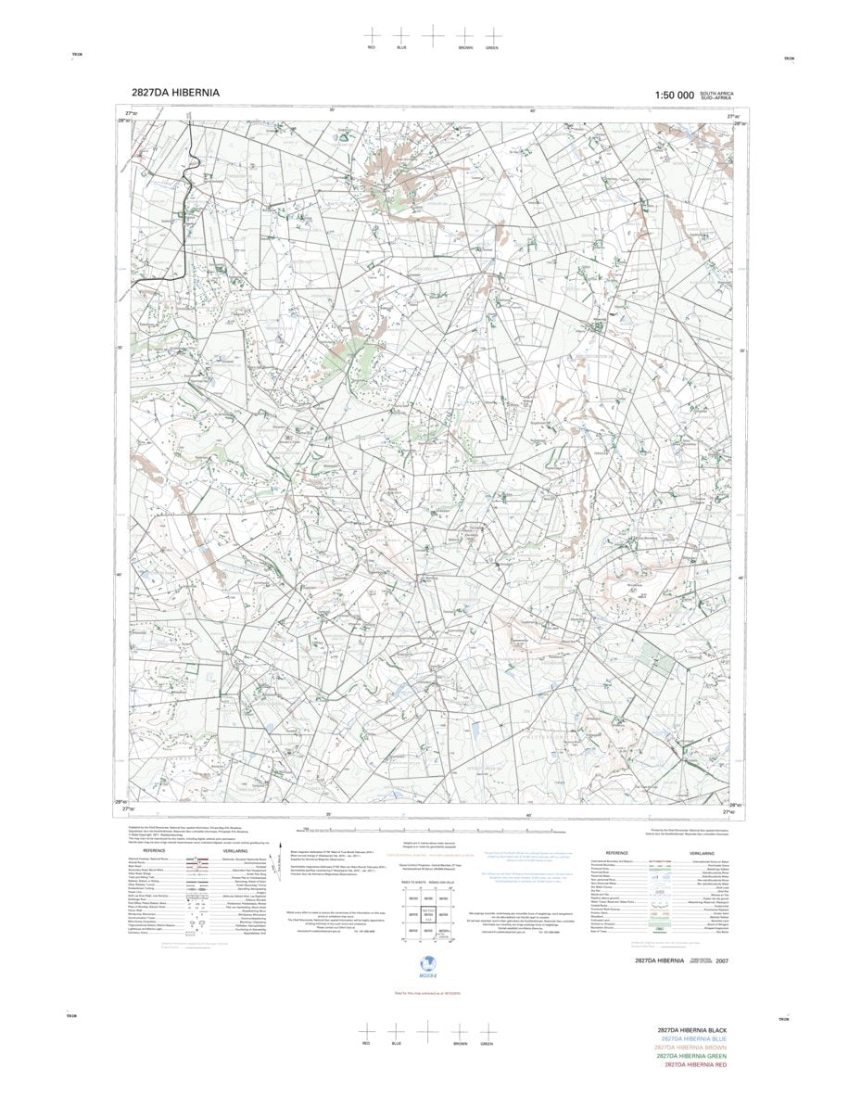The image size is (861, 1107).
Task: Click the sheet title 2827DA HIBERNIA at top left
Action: pyautogui.click(x=175, y=94)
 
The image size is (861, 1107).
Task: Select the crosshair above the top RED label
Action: pyautogui.click(x=372, y=34)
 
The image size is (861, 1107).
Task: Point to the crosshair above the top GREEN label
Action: pyautogui.click(x=492, y=34)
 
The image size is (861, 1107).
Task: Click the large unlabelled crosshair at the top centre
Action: pyautogui.click(x=433, y=34)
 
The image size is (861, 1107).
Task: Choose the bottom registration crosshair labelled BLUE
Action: pyautogui.click(x=396, y=1031)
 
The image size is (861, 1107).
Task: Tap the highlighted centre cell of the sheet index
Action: pyautogui.click(x=428, y=914)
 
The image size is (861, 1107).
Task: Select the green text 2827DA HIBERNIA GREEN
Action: pyautogui.click(x=691, y=1056)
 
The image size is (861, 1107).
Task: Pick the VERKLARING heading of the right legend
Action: pyautogui.click(x=702, y=853)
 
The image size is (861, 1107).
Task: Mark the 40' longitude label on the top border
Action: pyautogui.click(x=531, y=112)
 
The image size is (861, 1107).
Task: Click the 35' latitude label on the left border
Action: pyautogui.click(x=119, y=348)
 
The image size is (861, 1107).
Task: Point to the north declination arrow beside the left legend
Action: pyautogui.click(x=281, y=849)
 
